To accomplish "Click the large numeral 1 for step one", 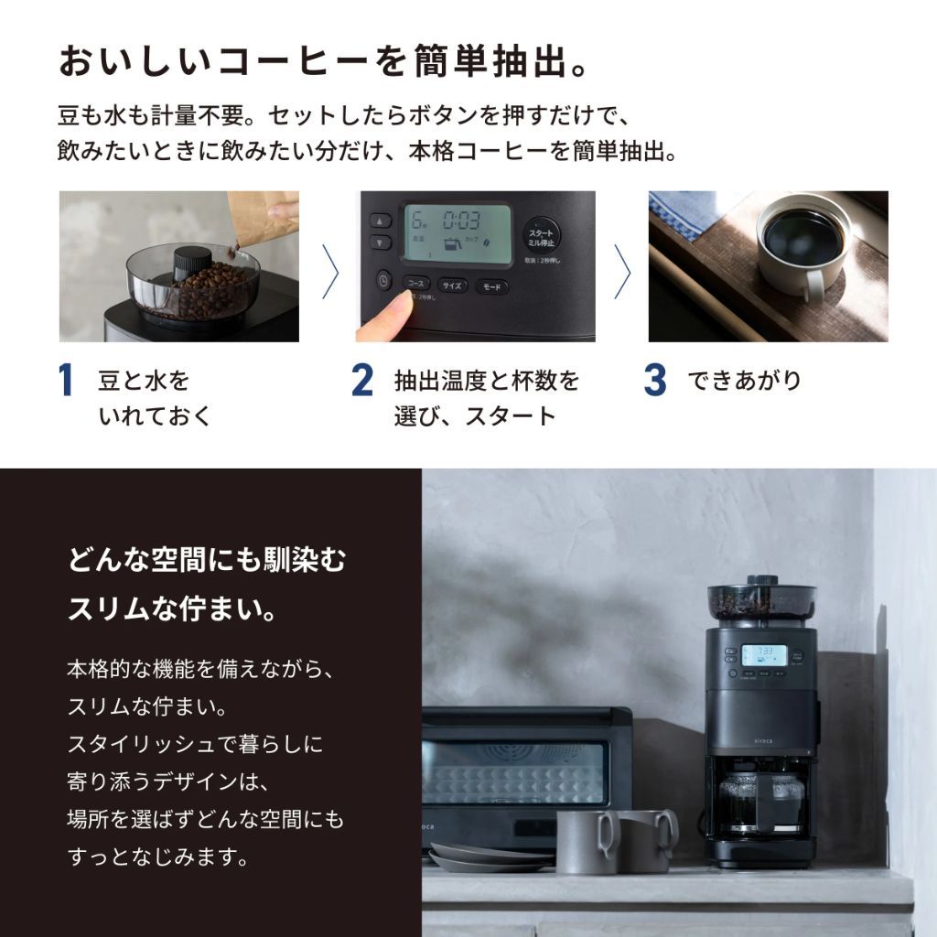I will click(x=66, y=381).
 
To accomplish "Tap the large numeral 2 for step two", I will click(x=362, y=381).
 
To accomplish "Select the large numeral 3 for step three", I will click(x=655, y=381).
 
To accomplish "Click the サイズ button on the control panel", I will click(x=452, y=285).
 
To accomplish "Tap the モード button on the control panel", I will click(x=492, y=286).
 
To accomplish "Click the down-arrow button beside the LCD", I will click(x=381, y=243).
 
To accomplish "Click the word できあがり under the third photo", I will click(x=744, y=381).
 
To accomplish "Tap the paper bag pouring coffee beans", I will click(x=264, y=215).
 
